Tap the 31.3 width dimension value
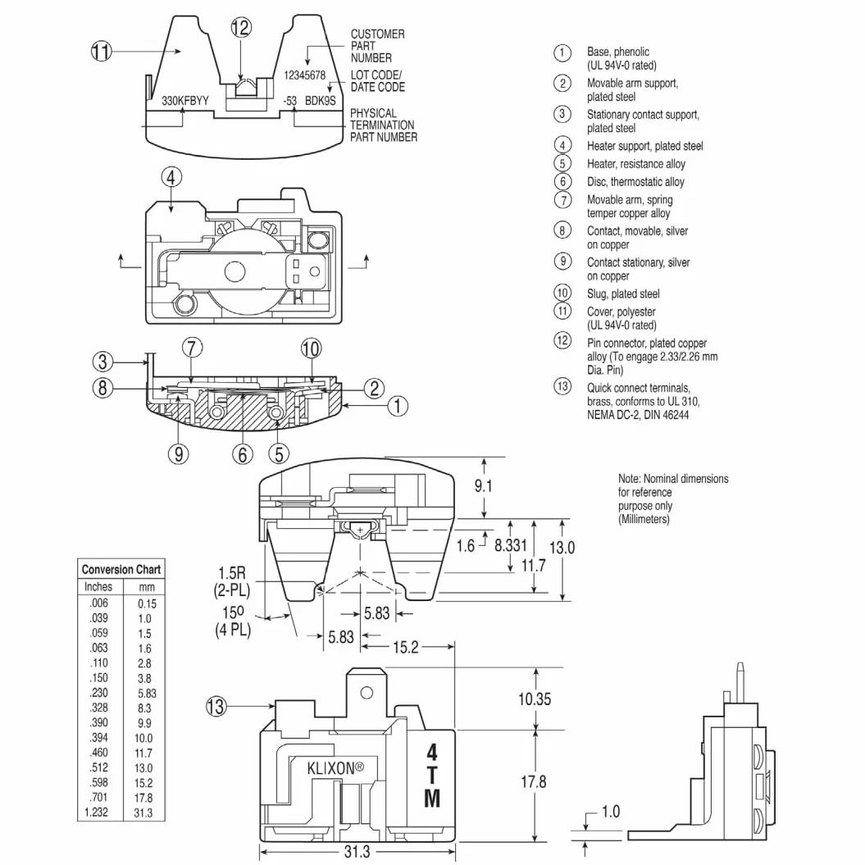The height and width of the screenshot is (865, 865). coord(357,851)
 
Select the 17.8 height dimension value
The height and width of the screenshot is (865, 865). coord(534,781)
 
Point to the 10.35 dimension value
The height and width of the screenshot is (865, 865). coord(534,699)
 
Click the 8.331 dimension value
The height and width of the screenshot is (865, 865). coord(510,545)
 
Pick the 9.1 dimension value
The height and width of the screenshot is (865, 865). coord(483,485)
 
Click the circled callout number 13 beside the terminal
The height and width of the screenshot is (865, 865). coord(216,706)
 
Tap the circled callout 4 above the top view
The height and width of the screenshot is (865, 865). coord(171,178)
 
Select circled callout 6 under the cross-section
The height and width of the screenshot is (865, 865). coord(242,454)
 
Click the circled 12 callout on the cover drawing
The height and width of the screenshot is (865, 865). coord(241,27)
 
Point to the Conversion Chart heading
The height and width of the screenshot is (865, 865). coord(121,569)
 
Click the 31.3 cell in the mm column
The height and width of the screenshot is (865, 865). coord(143,813)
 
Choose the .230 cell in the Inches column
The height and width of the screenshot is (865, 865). coord(99,693)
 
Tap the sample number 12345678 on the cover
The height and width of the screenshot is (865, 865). coord(304,75)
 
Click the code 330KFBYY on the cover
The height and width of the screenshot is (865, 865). coord(185,101)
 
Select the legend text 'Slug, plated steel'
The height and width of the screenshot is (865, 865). coord(623,294)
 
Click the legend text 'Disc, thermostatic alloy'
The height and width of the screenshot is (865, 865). coord(635,181)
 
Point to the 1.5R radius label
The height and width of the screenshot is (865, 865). coord(232,572)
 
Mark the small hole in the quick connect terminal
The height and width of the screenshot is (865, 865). coord(366,692)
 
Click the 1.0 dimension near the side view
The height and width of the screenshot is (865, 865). coord(611,811)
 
